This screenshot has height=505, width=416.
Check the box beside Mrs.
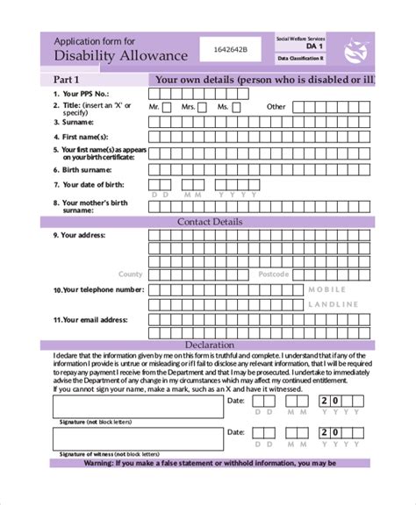(x=203, y=107)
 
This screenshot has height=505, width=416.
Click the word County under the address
(x=131, y=274)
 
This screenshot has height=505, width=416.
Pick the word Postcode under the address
(x=274, y=274)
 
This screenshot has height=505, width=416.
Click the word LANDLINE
(x=334, y=304)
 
